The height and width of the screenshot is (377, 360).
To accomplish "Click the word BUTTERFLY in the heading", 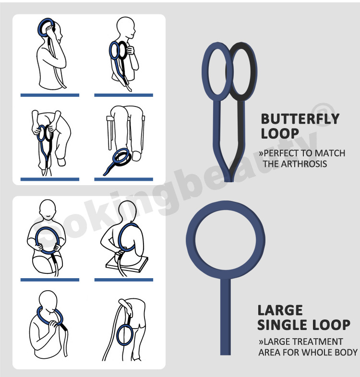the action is (x=300, y=119).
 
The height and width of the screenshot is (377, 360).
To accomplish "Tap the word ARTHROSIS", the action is (x=304, y=164).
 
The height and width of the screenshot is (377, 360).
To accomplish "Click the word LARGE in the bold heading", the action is (x=280, y=310).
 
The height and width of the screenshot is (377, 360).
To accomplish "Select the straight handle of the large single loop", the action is (x=226, y=316).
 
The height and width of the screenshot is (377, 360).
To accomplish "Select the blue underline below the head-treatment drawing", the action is (x=50, y=95).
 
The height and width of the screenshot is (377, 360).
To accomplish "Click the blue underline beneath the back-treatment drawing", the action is (x=124, y=280).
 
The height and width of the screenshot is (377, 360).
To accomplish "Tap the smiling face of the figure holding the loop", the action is (x=48, y=210).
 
